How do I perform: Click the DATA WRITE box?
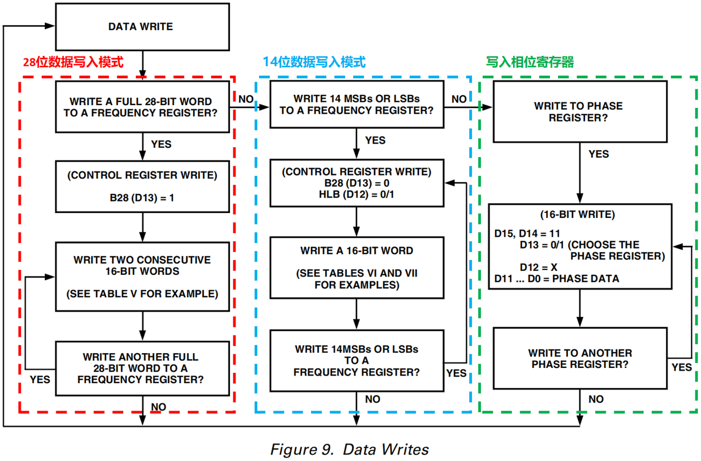[x=142, y=27]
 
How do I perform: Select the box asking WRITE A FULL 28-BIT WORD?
[x=142, y=107]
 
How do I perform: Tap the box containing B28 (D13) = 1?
[x=142, y=187]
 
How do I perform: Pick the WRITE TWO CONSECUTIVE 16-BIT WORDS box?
[x=142, y=277]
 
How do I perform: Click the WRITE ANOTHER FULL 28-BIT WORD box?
[x=142, y=368]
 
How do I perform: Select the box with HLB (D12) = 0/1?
[x=357, y=183]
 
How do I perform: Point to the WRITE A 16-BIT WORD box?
[x=357, y=268]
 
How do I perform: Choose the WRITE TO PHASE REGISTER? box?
[x=580, y=112]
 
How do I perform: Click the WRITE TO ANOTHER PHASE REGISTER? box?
[x=580, y=359]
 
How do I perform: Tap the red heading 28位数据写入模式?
[x=73, y=62]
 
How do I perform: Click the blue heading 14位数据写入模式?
[x=314, y=62]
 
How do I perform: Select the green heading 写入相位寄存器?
[x=530, y=62]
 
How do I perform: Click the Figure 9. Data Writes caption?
[x=349, y=450]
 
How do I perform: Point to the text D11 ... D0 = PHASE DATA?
[x=557, y=279]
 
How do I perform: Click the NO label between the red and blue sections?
[x=246, y=99]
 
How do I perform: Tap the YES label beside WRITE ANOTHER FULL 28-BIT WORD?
[x=40, y=379]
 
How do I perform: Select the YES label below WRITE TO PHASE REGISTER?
[x=599, y=154]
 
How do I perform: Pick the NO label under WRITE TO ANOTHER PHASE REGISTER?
[x=596, y=399]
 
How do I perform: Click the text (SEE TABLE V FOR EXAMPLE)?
[x=142, y=294]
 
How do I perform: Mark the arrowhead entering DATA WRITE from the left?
[x=50, y=26]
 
